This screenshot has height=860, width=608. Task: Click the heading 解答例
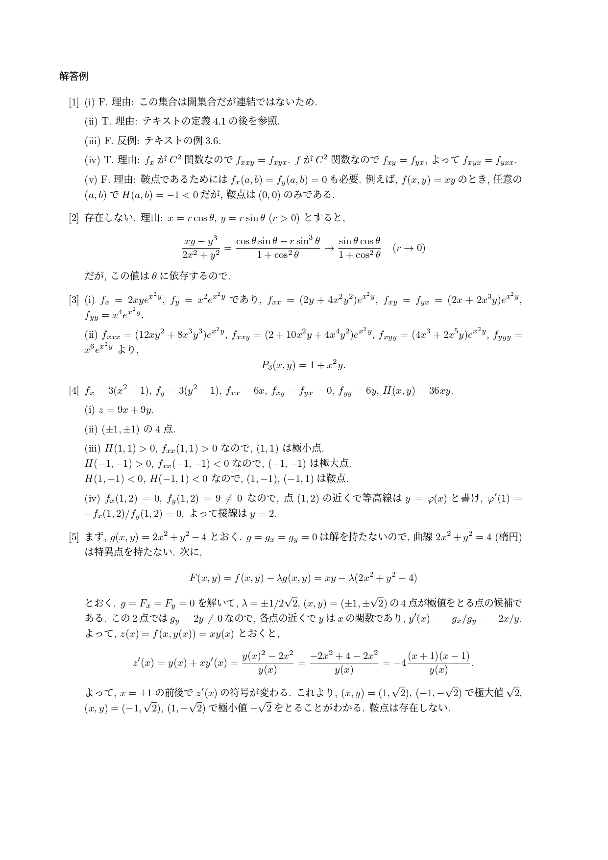(73, 76)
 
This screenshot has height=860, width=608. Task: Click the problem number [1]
(73, 102)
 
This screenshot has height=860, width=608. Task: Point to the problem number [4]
(73, 391)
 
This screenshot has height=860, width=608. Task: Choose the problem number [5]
(73, 537)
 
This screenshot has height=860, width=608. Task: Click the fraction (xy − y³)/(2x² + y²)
(200, 248)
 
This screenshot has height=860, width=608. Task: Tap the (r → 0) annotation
(409, 248)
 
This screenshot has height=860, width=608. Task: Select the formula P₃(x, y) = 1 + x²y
(304, 365)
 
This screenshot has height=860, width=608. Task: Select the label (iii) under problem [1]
(93, 141)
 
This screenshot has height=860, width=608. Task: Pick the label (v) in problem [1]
(91, 179)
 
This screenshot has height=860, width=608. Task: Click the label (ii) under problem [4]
(91, 429)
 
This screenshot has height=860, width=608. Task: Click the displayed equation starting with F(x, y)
(303, 578)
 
